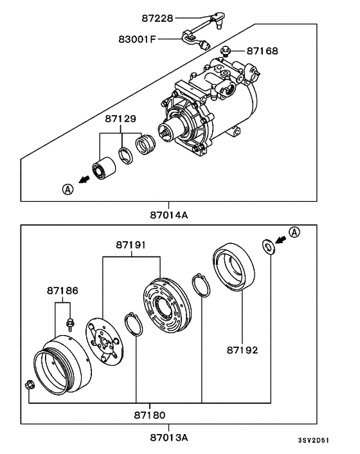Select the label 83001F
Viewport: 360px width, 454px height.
pyautogui.click(x=136, y=39)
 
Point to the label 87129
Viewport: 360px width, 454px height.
pyautogui.click(x=122, y=120)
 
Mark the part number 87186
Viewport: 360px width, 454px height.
pyautogui.click(x=62, y=291)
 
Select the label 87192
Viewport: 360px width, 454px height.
pyautogui.click(x=242, y=351)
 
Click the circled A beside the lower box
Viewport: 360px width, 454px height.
pyautogui.click(x=293, y=232)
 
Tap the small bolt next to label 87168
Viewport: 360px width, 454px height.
pyautogui.click(x=225, y=50)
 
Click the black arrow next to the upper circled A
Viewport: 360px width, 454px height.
pyautogui.click(x=83, y=182)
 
